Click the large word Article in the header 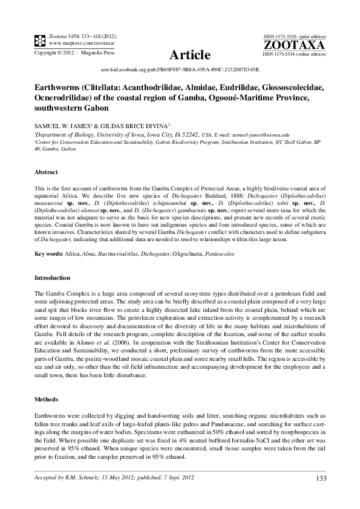190,56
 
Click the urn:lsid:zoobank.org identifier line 180,70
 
